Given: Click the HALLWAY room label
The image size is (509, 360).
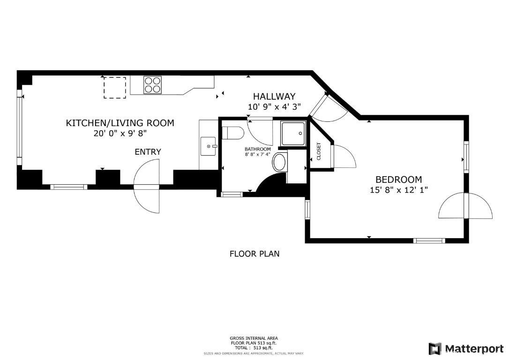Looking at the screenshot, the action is (274, 97).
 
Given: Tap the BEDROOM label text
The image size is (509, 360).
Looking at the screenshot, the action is (399, 180).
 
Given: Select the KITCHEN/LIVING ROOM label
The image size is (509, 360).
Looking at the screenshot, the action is (120, 123).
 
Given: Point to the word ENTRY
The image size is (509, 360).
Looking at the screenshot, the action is (148, 151).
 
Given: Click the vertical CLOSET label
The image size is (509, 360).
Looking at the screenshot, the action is (318, 151).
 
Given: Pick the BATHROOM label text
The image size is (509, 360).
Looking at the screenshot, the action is (258, 150).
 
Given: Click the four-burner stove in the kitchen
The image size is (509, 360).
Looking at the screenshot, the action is (153, 85).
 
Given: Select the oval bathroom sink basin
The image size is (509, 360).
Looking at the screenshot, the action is (279, 163).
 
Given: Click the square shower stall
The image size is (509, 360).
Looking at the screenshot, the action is (293, 134).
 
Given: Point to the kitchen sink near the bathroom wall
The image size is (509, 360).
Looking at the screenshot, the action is (208, 146).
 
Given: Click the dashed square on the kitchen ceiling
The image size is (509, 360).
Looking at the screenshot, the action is (114, 88).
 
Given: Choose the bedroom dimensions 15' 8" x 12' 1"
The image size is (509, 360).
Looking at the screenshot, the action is (399, 190).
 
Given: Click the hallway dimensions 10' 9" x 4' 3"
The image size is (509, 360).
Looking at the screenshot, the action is (274, 106).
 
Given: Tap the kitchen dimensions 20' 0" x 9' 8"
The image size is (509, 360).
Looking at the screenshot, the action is (120, 133).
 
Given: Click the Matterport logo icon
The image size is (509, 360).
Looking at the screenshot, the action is (435, 349).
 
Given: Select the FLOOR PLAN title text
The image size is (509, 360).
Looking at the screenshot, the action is (254, 254).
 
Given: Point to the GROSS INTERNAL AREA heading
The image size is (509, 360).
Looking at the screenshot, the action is (254, 338).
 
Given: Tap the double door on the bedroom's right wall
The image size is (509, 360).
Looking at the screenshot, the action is (466, 205).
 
